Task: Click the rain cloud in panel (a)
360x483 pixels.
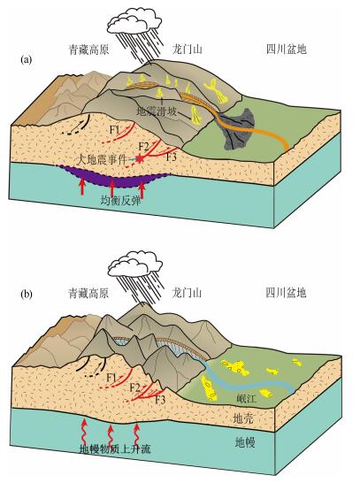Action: [134, 20]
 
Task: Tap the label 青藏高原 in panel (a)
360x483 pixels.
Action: [88, 50]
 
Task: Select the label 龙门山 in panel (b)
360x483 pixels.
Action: [187, 292]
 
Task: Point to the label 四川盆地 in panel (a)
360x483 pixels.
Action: [287, 50]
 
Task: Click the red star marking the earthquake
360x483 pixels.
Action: [141, 159]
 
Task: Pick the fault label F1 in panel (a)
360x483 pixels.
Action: [115, 130]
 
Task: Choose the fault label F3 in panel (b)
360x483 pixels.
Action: [160, 400]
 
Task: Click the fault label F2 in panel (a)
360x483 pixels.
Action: [143, 147]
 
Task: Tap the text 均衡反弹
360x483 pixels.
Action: [121, 201]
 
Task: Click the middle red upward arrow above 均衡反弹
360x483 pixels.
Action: [112, 187]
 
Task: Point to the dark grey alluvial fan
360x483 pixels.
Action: [237, 128]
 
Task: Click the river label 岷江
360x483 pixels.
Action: [246, 399]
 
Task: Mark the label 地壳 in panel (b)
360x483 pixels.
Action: [243, 418]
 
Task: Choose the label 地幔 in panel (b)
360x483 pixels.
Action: [245, 442]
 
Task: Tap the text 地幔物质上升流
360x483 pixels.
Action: [115, 449]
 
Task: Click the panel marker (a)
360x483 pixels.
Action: [26, 60]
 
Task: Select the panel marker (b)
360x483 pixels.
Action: [27, 295]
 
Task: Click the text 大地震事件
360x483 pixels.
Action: [103, 160]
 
